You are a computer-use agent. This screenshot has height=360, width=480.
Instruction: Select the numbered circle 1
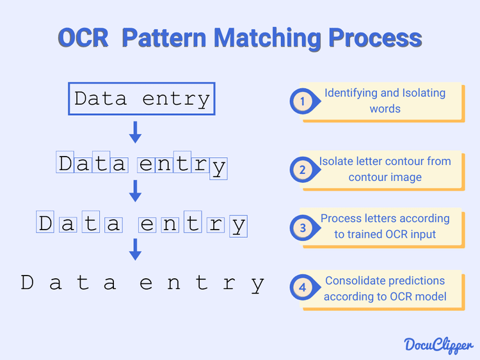(302, 101)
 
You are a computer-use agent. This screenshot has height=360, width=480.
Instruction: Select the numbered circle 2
(302, 169)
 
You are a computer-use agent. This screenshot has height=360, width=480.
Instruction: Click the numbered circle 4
(302, 288)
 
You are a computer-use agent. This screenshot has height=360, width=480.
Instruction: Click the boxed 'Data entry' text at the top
(141, 99)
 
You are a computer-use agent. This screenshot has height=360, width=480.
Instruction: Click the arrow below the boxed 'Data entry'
(135, 132)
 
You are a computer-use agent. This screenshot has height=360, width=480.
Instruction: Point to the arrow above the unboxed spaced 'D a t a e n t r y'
(135, 249)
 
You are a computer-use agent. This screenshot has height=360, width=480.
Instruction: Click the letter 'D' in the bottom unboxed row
(27, 283)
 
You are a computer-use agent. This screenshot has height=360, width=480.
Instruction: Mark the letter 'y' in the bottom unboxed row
(257, 285)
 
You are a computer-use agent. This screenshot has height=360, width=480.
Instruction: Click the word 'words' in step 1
(385, 109)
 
